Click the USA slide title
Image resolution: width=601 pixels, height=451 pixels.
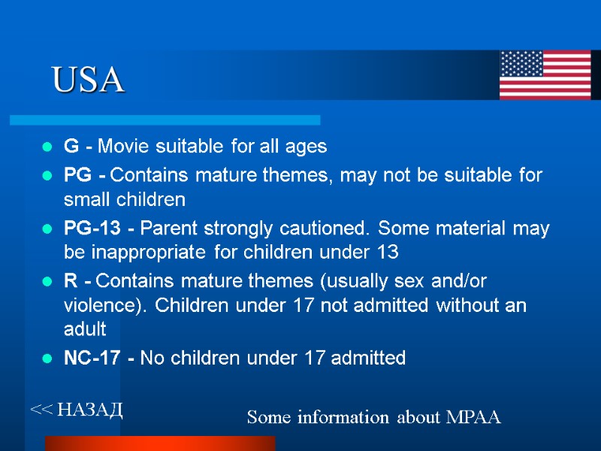click(x=88, y=80)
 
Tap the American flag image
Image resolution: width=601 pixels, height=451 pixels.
click(x=545, y=75)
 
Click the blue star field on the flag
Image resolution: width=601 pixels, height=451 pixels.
click(x=521, y=64)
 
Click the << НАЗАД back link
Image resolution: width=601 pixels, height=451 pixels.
click(x=76, y=410)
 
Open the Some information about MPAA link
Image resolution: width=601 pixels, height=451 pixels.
click(x=373, y=417)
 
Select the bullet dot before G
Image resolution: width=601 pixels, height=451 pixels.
click(x=47, y=146)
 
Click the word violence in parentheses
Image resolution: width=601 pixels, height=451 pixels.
click(x=95, y=306)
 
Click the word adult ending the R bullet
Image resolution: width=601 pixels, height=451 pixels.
click(x=85, y=330)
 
